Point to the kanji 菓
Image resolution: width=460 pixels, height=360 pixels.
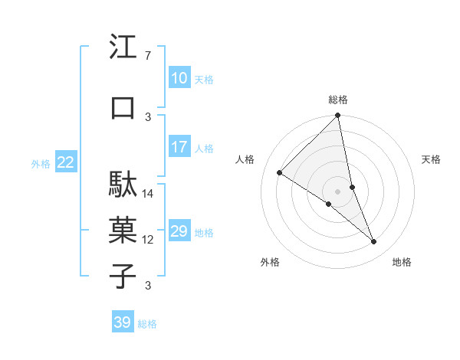tap(123, 231)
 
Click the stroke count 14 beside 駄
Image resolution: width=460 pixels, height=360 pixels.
tap(148, 193)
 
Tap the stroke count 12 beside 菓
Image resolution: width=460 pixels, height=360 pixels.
tap(148, 240)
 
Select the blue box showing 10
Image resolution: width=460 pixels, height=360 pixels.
tap(179, 77)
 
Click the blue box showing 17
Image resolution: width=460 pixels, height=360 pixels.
tap(179, 147)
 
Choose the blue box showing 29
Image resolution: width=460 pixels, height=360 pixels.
tap(179, 231)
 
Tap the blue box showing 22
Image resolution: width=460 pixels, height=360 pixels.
tap(66, 162)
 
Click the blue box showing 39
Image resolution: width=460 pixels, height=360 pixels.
tap(122, 322)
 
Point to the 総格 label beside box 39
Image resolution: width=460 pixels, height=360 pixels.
tap(148, 324)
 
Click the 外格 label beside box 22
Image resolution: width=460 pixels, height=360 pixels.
tap(41, 163)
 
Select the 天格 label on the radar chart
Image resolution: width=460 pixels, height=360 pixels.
tap(431, 159)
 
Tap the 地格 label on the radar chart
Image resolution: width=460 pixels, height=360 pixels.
tap(402, 262)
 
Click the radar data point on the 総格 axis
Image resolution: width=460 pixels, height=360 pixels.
tap(338, 116)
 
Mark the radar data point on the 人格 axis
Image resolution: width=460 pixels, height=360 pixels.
tap(280, 172)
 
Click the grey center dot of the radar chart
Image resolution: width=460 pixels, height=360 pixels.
tap(338, 191)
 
